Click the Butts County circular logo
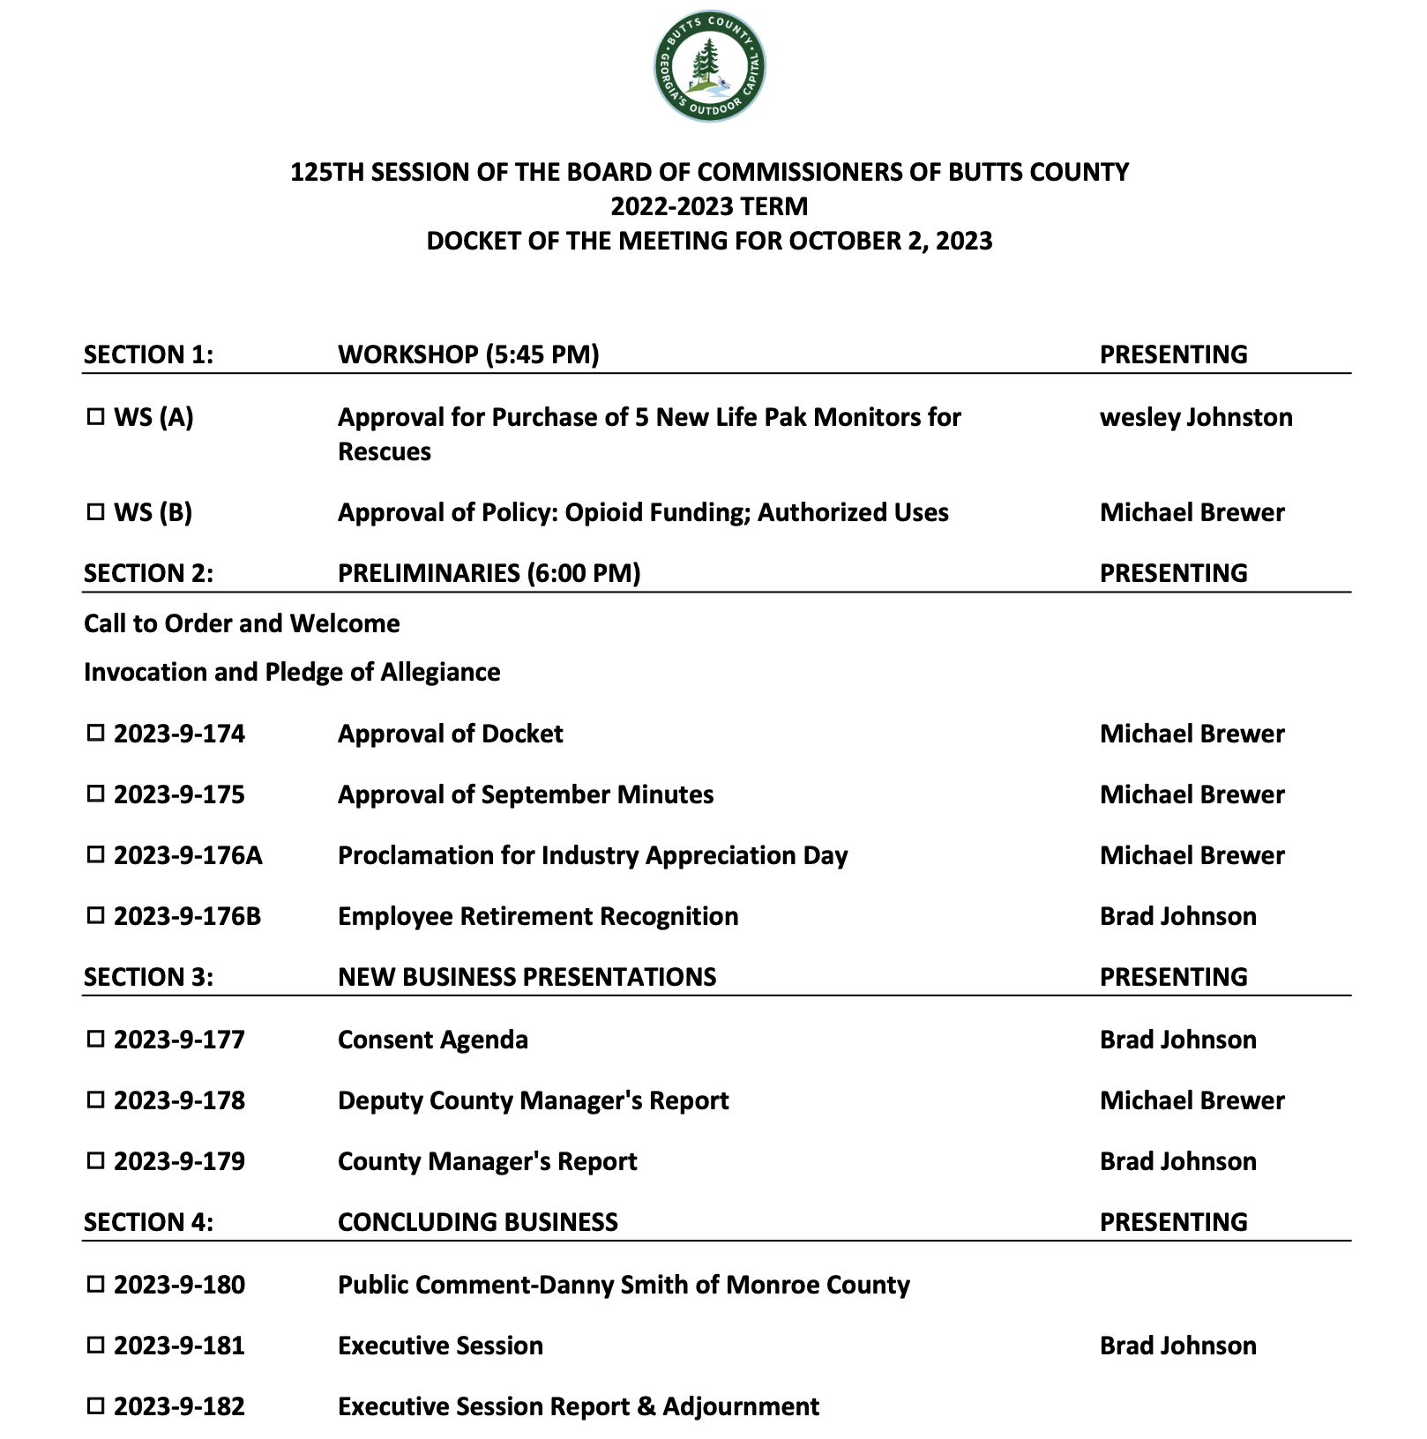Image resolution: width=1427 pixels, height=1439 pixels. pos(710,67)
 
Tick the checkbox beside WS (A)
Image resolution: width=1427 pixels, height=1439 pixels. pos(95,417)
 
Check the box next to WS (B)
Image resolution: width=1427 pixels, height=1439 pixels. pos(95,512)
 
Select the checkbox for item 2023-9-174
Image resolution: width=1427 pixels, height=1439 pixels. pos(95,734)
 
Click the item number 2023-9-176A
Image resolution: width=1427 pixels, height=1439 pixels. pos(188,856)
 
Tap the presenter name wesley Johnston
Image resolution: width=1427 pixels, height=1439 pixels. pos(1196,417)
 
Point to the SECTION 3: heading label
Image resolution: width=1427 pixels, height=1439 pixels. pos(148,977)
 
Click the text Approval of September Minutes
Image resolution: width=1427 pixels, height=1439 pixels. pos(526,795)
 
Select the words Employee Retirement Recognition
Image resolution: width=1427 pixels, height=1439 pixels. pos(538,917)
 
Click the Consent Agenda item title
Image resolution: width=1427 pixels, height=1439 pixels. pos(433,1040)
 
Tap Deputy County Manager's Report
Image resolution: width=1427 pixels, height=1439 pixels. pos(534,1101)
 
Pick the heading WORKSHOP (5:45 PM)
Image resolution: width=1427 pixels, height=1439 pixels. pos(468,354)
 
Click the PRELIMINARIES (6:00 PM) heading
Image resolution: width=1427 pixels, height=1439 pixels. pos(489,573)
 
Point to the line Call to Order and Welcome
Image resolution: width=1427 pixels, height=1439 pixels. pos(242,624)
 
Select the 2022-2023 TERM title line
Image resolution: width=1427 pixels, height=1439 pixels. pos(709,206)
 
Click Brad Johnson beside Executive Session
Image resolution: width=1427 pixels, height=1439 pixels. pos(1177,1346)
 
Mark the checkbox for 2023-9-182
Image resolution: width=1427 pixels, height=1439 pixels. pos(95,1406)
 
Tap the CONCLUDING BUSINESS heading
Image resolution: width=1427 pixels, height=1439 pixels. pos(478,1222)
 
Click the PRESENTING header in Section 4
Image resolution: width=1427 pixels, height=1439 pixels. pos(1173,1222)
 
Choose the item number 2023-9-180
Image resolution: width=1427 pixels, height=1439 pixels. pos(179,1286)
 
